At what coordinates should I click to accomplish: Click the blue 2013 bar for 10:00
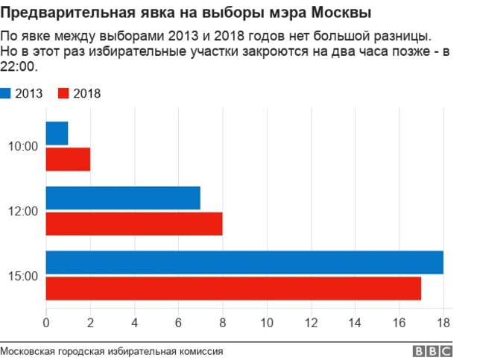(57, 133)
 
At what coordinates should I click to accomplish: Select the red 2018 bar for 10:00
(68, 160)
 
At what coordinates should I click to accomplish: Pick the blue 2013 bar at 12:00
(123, 198)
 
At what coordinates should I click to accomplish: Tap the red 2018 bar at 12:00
(134, 224)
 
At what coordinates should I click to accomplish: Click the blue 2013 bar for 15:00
(244, 262)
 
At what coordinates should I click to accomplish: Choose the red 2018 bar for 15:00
(233, 288)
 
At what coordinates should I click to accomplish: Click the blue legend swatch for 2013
(6, 93)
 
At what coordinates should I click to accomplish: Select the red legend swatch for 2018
(63, 93)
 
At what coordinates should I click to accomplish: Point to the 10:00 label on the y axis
(23, 147)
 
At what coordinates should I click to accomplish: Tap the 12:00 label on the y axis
(23, 212)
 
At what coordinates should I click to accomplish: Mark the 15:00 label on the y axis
(23, 276)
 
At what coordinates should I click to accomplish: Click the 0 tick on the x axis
(46, 323)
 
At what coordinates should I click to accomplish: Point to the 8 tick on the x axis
(223, 323)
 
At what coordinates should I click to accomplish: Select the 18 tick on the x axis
(443, 323)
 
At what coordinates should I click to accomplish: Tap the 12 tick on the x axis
(311, 323)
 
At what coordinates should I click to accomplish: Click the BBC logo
(432, 351)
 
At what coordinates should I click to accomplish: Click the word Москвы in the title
(342, 13)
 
